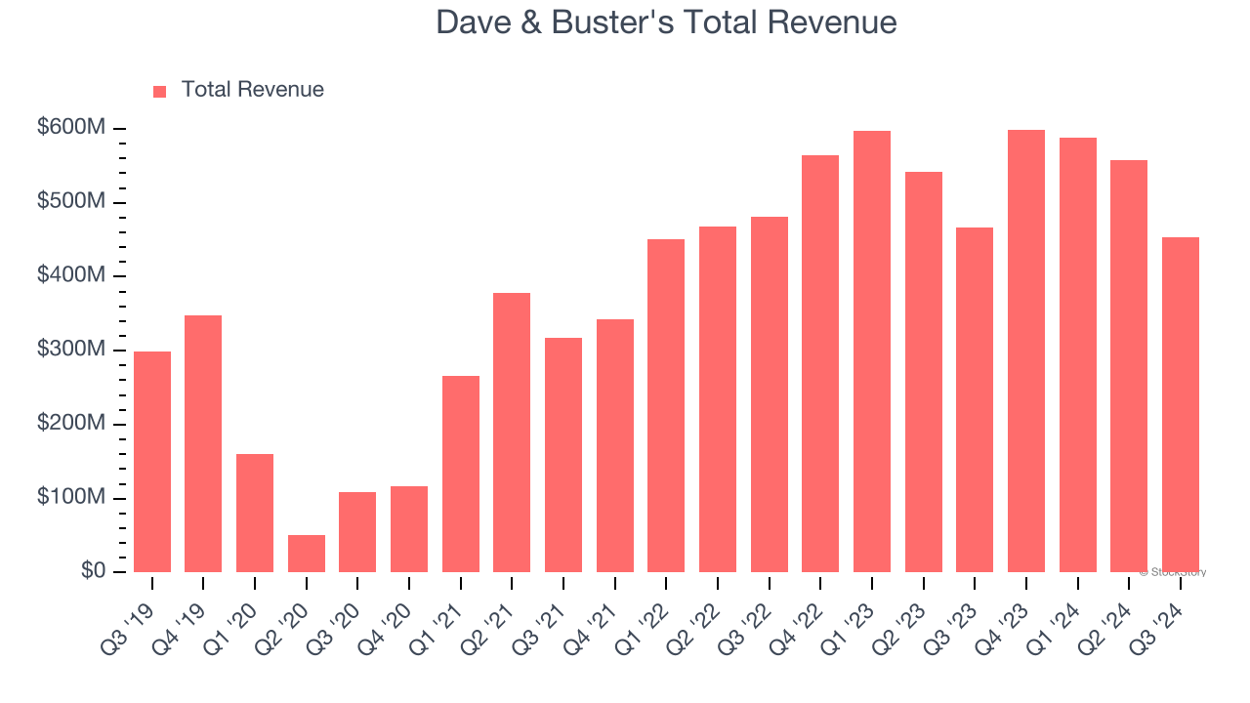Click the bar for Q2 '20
pyautogui.click(x=307, y=554)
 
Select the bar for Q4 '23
pyautogui.click(x=1026, y=351)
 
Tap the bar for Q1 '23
pyautogui.click(x=872, y=351)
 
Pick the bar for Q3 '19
pyautogui.click(x=152, y=462)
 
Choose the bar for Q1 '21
pyautogui.click(x=461, y=475)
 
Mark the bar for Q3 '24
pyautogui.click(x=1181, y=404)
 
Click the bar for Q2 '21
pyautogui.click(x=512, y=433)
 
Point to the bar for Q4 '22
pyautogui.click(x=820, y=363)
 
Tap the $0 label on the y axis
pyautogui.click(x=93, y=571)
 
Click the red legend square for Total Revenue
pyautogui.click(x=160, y=91)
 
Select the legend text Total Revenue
pyautogui.click(x=252, y=90)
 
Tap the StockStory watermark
pyautogui.click(x=1173, y=572)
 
